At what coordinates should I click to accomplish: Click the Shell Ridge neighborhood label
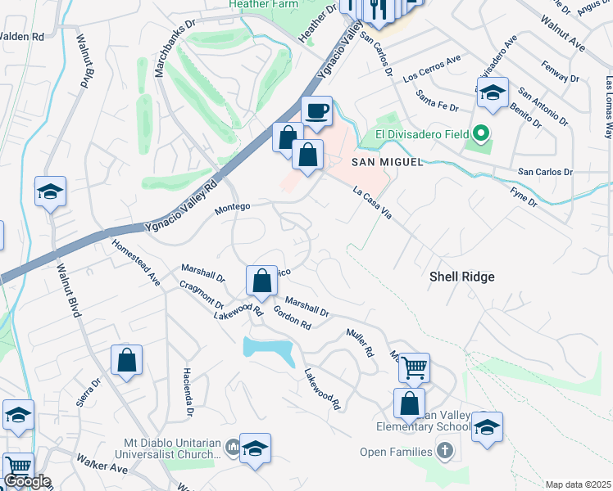(462, 277)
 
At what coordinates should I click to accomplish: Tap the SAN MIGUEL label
(387, 162)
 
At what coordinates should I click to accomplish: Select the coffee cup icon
(316, 110)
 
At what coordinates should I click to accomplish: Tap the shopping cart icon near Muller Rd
(415, 367)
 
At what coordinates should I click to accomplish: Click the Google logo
(26, 481)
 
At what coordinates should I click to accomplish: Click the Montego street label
(232, 208)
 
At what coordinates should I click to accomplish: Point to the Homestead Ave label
(136, 262)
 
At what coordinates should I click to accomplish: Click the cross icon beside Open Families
(444, 451)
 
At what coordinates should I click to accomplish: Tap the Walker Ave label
(102, 464)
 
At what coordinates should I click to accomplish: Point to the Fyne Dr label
(522, 196)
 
